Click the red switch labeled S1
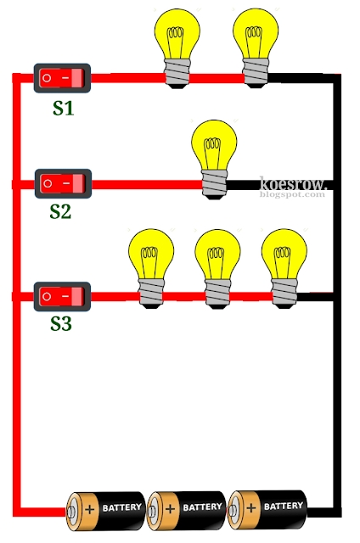click(62, 79)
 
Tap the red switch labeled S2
click(62, 183)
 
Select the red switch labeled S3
click(62, 297)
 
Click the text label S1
click(62, 108)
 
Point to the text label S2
click(60, 211)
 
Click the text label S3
click(61, 324)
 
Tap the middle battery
click(185, 509)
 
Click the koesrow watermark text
click(292, 184)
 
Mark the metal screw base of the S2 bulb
click(215, 183)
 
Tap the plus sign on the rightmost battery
click(250, 507)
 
